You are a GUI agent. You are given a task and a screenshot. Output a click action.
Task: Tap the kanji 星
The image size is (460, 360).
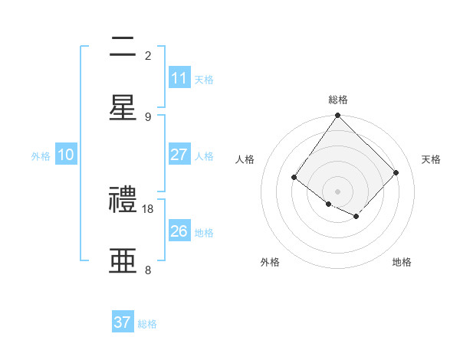pyautogui.click(x=123, y=108)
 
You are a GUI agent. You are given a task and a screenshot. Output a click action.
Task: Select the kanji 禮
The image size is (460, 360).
pyautogui.click(x=123, y=201)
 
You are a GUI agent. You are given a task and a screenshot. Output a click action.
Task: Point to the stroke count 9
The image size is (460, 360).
pyautogui.click(x=148, y=116)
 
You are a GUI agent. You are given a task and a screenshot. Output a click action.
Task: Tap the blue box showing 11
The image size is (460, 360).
pyautogui.click(x=179, y=78)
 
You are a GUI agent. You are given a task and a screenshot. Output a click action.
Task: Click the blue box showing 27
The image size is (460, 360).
pyautogui.click(x=179, y=155)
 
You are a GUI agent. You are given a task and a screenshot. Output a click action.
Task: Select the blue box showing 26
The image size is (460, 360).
pyautogui.click(x=179, y=231)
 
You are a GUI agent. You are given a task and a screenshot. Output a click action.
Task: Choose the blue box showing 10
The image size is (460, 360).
pyautogui.click(x=66, y=155)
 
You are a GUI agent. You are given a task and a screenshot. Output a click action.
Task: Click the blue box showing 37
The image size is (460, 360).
pyautogui.click(x=123, y=322)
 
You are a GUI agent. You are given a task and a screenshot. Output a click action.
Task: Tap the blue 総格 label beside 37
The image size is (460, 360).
pyautogui.click(x=147, y=324)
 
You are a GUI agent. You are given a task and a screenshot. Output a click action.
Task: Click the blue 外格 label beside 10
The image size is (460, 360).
pyautogui.click(x=41, y=155)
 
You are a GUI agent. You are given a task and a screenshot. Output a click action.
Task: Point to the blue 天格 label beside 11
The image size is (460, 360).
pyautogui.click(x=204, y=79)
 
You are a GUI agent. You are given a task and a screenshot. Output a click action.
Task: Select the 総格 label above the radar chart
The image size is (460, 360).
pyautogui.click(x=338, y=100)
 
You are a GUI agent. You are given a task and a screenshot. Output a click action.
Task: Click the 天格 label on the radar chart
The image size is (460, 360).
pyautogui.click(x=432, y=159)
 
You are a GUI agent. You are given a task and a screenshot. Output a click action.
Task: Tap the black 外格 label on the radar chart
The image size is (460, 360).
pyautogui.click(x=270, y=262)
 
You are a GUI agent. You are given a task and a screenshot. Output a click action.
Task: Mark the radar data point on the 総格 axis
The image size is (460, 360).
pyautogui.click(x=338, y=116)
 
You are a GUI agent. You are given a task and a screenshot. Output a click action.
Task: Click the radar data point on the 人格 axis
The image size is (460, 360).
pyautogui.click(x=294, y=178)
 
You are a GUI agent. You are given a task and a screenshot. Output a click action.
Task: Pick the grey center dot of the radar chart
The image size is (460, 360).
pyautogui.click(x=338, y=191)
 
